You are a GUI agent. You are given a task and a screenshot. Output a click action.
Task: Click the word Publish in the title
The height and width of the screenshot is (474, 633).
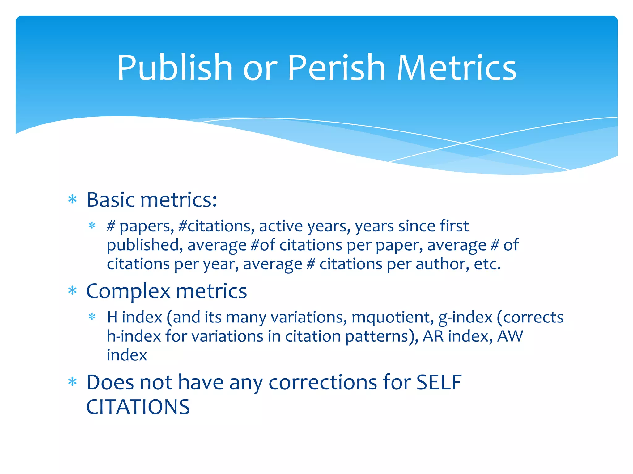coord(175,68)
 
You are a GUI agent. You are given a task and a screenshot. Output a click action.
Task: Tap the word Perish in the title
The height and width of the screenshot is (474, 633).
coord(337,68)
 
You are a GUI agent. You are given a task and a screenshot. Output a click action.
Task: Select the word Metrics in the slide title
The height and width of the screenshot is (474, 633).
coord(457,68)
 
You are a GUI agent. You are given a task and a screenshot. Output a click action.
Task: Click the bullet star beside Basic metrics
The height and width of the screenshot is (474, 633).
coord(72,200)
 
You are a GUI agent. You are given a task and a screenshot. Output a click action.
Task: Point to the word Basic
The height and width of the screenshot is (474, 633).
coord(111,200)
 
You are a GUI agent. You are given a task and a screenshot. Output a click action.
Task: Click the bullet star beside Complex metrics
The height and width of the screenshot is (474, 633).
coord(72,291)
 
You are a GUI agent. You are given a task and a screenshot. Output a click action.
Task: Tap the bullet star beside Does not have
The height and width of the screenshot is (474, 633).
coord(72,382)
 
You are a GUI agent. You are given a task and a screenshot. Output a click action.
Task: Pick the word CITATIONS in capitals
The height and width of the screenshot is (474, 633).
coord(138,407)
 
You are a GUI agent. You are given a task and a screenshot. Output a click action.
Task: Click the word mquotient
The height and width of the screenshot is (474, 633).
coord(393,318)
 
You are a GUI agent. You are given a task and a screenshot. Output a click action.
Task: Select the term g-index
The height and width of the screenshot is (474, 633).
coord(465,318)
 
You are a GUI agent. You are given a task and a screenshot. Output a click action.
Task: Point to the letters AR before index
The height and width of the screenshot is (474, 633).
coord(433,336)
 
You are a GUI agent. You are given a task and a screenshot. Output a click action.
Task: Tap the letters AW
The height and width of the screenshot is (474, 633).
coord(510,336)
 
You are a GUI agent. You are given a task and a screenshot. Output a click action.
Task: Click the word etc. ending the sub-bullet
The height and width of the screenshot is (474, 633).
coord(487,264)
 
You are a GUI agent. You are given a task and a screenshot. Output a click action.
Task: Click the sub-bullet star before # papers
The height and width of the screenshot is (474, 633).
coord(92,226)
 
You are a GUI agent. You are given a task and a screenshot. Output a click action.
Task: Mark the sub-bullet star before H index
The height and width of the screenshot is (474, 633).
coord(92,317)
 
